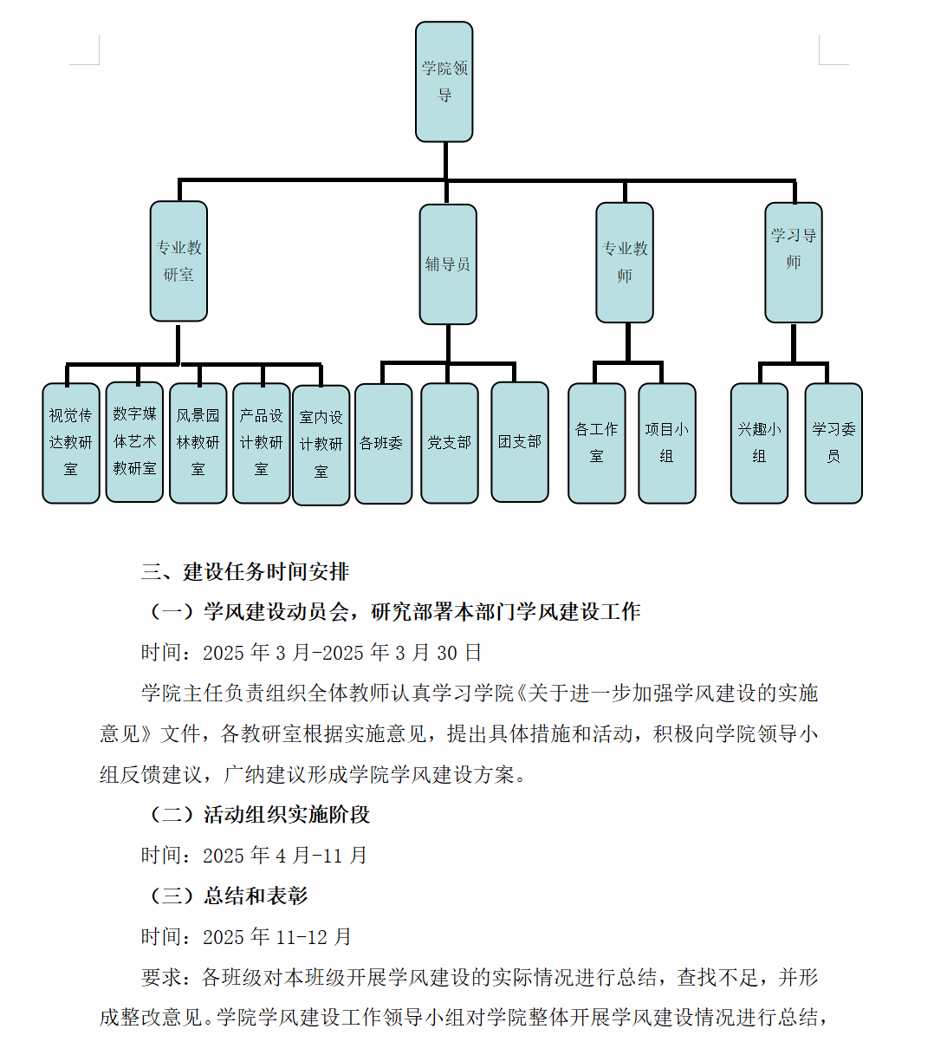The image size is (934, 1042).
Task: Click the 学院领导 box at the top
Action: [444, 81]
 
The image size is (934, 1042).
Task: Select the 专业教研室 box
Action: [178, 261]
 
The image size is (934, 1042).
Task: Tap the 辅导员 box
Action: [448, 264]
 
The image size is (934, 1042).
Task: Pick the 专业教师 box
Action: [625, 262]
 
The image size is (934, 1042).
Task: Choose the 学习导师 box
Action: [794, 262]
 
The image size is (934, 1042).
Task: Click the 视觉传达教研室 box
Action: [71, 443]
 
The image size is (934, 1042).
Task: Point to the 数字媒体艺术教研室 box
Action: [134, 442]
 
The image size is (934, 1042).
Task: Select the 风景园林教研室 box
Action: [198, 443]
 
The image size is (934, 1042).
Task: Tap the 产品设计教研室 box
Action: [262, 443]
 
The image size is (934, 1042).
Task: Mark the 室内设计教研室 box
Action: [321, 445]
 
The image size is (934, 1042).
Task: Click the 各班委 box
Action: [384, 443]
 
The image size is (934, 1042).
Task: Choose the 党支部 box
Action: [450, 443]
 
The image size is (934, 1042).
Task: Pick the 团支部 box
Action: [520, 442]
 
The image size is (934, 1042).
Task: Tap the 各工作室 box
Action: [597, 443]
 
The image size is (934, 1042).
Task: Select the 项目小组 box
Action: [667, 443]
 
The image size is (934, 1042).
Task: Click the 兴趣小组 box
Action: [759, 443]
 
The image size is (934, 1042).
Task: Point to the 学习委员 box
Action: [833, 443]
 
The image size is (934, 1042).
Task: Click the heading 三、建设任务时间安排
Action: [245, 572]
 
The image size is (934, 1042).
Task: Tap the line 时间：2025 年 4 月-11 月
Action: [255, 856]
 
